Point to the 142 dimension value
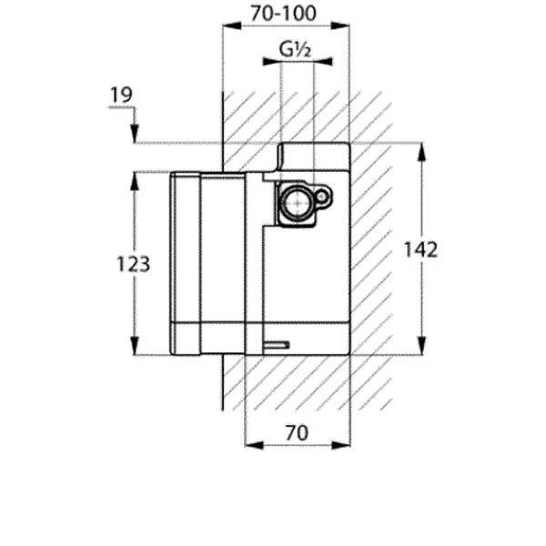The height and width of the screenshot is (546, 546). [x=421, y=248]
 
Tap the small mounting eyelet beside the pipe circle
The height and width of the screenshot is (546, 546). [x=323, y=195]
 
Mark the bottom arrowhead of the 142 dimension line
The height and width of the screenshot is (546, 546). [x=420, y=348]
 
